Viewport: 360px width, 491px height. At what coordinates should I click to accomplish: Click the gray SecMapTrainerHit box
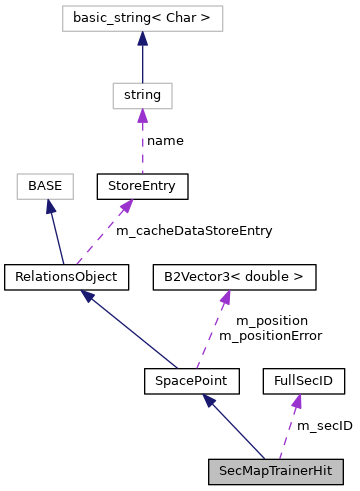(275, 471)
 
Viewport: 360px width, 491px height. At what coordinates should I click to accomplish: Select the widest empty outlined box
(142, 18)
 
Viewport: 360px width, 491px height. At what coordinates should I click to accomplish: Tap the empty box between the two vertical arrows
(142, 96)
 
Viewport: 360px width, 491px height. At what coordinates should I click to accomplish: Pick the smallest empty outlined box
(45, 186)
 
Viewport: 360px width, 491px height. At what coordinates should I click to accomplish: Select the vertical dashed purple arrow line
(142, 145)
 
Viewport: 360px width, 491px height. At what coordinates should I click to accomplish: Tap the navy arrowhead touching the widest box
(142, 38)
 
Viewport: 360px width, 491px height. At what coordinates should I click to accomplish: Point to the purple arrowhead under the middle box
(142, 116)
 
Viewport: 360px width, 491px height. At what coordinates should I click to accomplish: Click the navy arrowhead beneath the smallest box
(50, 207)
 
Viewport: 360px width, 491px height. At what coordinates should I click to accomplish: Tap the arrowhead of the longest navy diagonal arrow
(88, 296)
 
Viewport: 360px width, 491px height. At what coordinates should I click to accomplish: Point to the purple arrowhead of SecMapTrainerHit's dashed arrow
(297, 401)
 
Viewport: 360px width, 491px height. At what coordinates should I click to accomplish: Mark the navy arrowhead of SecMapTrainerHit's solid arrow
(209, 400)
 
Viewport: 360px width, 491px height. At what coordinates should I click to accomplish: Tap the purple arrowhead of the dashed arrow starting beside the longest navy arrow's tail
(227, 297)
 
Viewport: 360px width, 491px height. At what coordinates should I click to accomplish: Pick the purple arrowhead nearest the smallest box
(126, 206)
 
